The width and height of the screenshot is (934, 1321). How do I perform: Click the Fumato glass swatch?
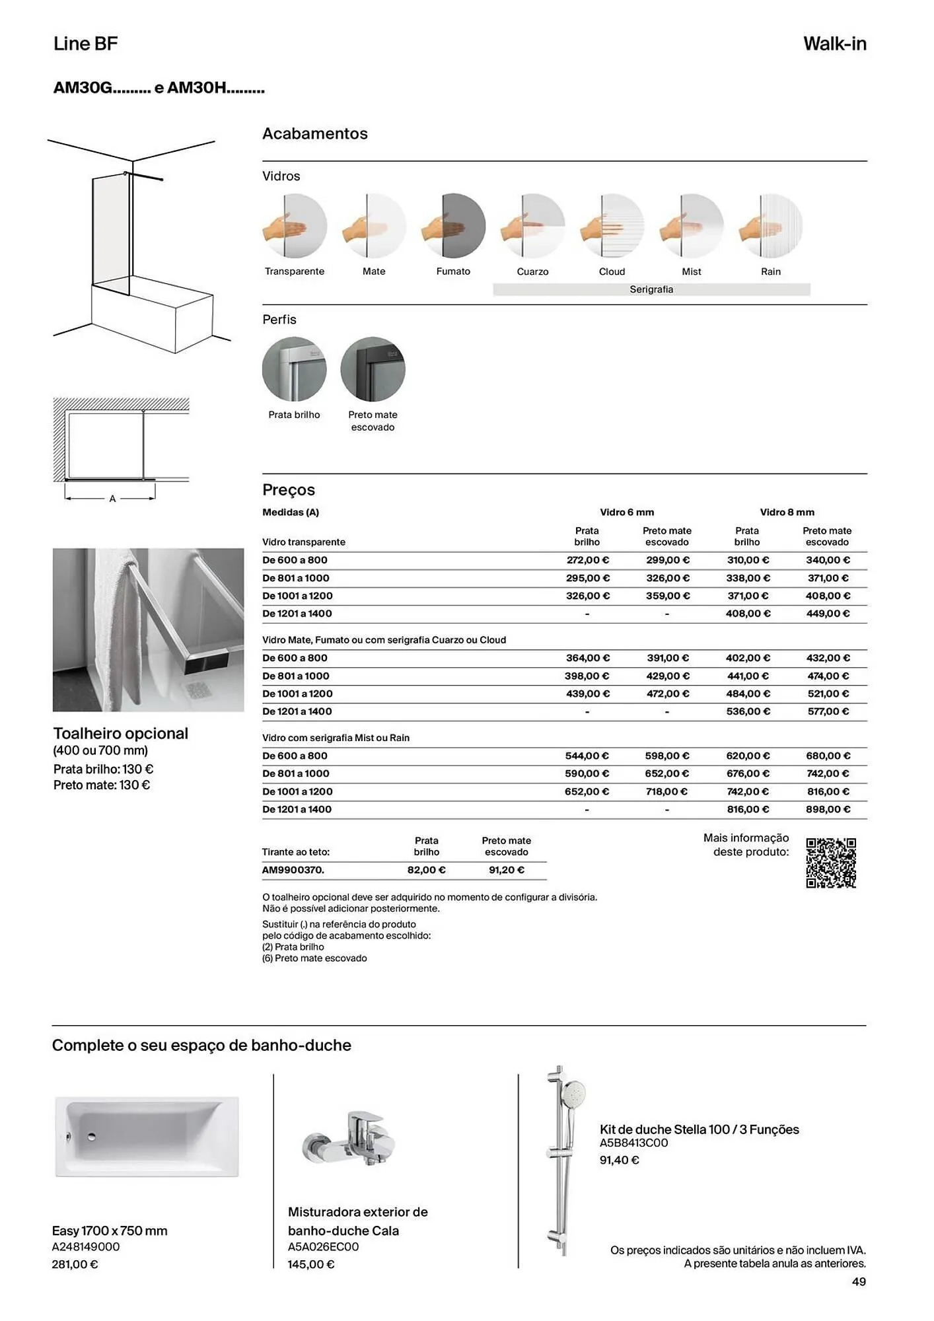[454, 226]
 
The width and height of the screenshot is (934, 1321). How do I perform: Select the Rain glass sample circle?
[771, 226]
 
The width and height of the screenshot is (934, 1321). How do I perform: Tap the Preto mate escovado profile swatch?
[373, 369]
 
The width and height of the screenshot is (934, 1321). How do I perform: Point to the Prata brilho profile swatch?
[295, 369]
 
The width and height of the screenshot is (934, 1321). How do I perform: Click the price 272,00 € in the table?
[588, 560]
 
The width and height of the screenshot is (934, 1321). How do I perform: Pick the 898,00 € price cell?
[828, 809]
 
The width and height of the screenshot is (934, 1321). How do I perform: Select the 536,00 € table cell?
[748, 711]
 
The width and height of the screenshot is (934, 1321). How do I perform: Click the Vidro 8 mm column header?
[787, 512]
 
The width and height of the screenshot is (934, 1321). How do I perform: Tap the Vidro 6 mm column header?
[627, 512]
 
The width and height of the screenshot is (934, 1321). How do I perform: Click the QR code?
[831, 863]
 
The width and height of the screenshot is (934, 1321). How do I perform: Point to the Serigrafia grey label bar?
[651, 289]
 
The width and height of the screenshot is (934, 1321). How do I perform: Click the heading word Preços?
[289, 490]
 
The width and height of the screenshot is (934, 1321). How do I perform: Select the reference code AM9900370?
[293, 870]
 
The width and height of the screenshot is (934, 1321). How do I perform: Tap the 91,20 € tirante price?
[507, 870]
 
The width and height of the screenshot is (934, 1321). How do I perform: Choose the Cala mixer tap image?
[349, 1139]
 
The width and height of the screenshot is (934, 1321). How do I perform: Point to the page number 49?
[859, 1281]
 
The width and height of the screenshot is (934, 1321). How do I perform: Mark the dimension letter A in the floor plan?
[112, 499]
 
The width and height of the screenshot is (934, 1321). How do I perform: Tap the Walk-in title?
[834, 44]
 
